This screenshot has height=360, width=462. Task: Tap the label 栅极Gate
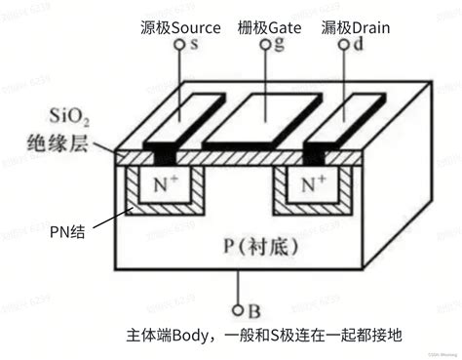pyautogui.click(x=269, y=27)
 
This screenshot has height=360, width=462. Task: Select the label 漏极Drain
pyautogui.click(x=357, y=27)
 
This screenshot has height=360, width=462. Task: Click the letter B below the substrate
pyautogui.click(x=253, y=313)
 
